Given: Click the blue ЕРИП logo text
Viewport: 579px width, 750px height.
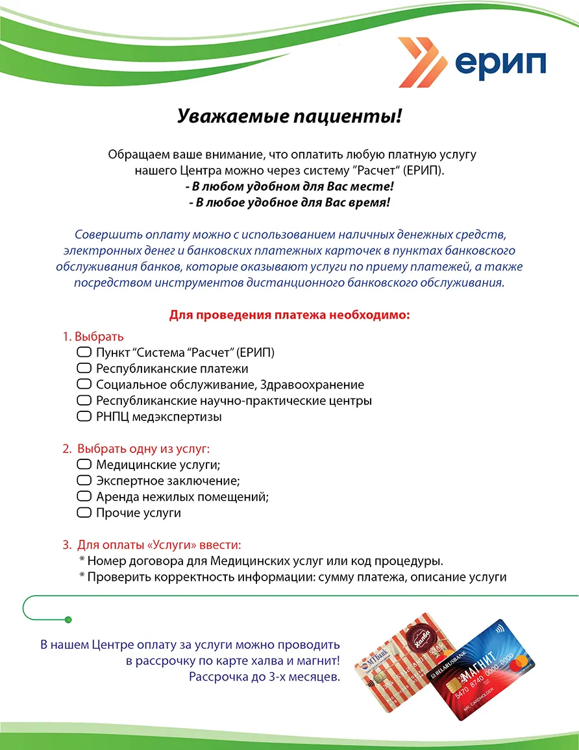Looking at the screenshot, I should click(500, 64).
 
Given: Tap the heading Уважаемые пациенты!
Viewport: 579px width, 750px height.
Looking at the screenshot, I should click(289, 117).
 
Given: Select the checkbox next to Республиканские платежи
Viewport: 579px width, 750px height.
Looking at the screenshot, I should click(84, 369).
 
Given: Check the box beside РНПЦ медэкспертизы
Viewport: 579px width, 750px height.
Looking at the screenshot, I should click(84, 417).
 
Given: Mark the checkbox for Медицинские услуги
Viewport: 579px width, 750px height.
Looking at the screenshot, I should click(84, 465).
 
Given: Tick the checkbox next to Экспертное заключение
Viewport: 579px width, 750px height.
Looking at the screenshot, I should click(84, 481).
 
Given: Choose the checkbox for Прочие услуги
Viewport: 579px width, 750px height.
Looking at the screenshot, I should click(84, 513).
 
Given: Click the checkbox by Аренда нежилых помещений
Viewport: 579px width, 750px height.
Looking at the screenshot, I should click(84, 496).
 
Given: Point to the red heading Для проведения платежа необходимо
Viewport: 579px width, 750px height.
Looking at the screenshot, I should click(289, 315).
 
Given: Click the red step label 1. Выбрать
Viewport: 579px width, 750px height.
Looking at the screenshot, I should click(93, 337).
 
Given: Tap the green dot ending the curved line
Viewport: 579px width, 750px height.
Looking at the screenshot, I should click(69, 620).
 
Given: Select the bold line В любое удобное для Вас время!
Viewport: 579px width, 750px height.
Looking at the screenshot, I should click(289, 202).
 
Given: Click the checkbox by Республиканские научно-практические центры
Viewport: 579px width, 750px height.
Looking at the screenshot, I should click(84, 400).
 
